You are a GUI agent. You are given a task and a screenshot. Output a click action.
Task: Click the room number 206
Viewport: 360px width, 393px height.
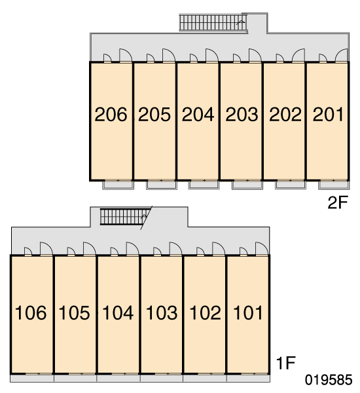click(x=111, y=115)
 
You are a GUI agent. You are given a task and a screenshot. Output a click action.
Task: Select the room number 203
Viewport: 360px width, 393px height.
click(x=242, y=115)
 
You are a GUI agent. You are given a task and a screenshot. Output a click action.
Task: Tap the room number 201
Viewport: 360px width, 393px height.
click(x=328, y=115)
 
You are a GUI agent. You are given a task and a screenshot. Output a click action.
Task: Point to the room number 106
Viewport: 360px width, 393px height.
click(x=31, y=312)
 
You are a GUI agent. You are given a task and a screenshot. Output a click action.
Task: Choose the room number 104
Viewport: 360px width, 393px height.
click(x=118, y=312)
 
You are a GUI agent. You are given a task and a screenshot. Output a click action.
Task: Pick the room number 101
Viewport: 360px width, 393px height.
click(x=248, y=312)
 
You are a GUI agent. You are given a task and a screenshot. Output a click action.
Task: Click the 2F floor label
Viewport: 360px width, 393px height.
click(x=338, y=202)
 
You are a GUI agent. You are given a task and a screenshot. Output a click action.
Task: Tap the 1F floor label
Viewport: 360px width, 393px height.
click(x=286, y=363)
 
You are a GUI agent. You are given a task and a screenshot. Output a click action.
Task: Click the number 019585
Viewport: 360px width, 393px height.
click(x=329, y=380)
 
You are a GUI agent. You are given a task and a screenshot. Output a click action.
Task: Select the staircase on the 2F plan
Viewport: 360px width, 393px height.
click(x=213, y=22)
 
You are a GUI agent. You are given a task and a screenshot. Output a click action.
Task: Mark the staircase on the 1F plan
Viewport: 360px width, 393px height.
click(x=123, y=217)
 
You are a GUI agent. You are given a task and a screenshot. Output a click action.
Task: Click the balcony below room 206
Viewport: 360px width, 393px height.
click(x=118, y=185)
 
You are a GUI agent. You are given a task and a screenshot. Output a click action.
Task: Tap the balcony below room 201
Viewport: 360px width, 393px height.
click(x=334, y=185)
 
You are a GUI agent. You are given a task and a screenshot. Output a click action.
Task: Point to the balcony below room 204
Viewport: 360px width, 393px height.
click(x=204, y=185)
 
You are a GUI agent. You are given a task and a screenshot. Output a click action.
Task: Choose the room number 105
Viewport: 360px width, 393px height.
click(x=74, y=312)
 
